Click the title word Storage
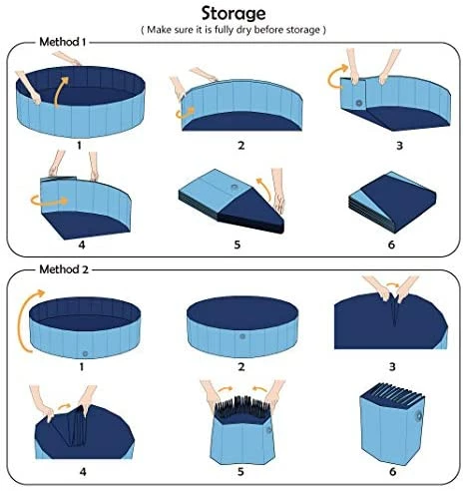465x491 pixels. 232,13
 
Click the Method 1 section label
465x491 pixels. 62,43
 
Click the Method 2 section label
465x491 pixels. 63,269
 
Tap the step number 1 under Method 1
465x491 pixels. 77,145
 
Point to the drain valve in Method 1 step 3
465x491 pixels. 358,103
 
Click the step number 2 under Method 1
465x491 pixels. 240,145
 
